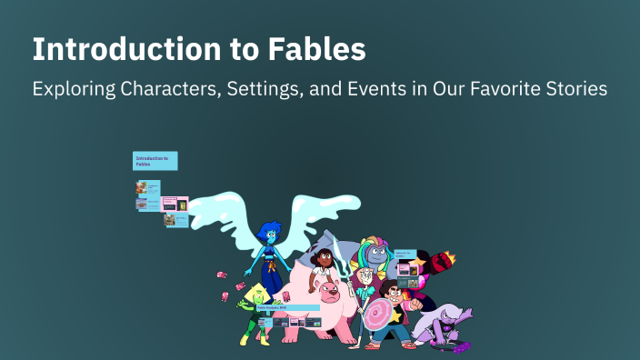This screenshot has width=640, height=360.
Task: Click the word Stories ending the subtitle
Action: pos(575,91)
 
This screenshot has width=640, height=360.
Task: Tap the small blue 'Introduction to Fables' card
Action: pos(155,161)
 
